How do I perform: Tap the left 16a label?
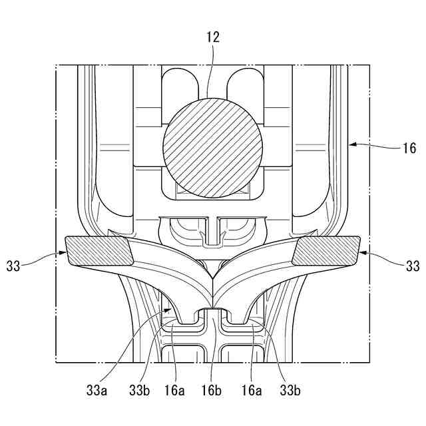coord(176,389)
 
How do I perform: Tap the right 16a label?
coord(252,389)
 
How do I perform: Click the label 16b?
coord(214,389)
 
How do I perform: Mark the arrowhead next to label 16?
coord(353,142)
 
